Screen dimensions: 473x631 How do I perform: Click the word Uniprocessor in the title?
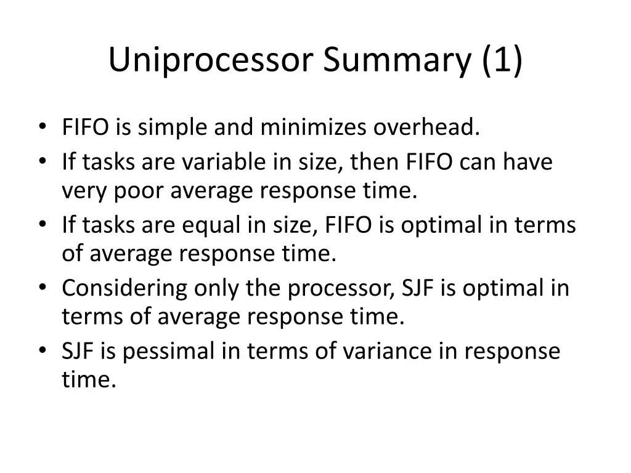point(211,60)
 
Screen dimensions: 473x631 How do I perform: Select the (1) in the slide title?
point(500,60)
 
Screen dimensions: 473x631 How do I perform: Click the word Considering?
point(125,288)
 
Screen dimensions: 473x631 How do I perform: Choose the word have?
point(527,162)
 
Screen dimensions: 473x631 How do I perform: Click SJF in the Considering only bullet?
point(418,288)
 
